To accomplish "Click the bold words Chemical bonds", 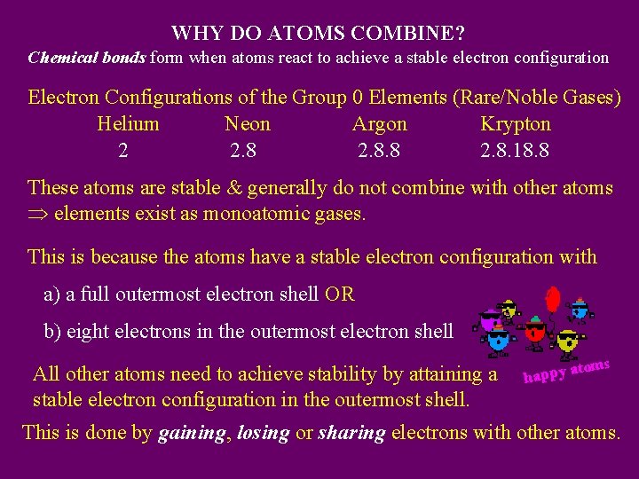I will pyautogui.click(x=87, y=59).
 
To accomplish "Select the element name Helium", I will pyautogui.click(x=128, y=124).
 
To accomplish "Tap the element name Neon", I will pyautogui.click(x=248, y=124).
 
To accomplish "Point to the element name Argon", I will pyautogui.click(x=380, y=124).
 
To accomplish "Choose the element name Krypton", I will pyautogui.click(x=516, y=124).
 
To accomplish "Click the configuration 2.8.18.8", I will pyautogui.click(x=515, y=151).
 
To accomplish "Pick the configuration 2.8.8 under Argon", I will pyautogui.click(x=379, y=151).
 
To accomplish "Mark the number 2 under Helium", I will pyautogui.click(x=123, y=151).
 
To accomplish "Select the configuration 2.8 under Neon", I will pyautogui.click(x=243, y=151).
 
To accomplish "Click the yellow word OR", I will pyautogui.click(x=340, y=294).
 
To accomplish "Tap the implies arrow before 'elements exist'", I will pyautogui.click(x=38, y=215).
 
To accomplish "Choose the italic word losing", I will pyautogui.click(x=264, y=433).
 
